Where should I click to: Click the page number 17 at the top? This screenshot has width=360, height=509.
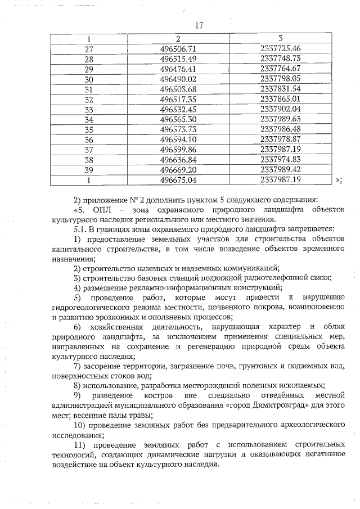click(x=198, y=25)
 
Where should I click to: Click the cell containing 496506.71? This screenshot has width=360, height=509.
click(x=178, y=49)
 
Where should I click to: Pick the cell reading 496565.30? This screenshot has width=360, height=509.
click(x=178, y=119)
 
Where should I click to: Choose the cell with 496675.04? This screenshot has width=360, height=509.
click(x=178, y=180)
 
